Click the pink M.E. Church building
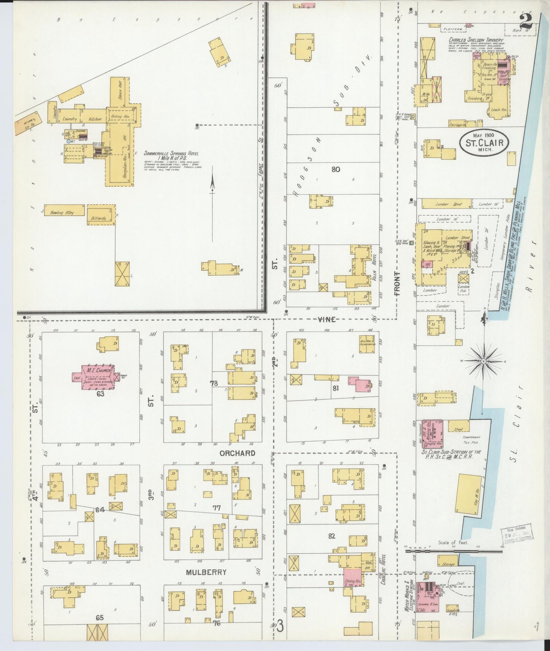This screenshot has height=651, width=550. coord(97,377)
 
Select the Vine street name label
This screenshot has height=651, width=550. coord(327,319)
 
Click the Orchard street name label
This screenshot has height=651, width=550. coord(237,453)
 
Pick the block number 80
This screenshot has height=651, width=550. coord(335,169)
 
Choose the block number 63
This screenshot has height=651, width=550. coord(100,394)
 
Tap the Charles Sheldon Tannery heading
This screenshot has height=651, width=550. coord(475,40)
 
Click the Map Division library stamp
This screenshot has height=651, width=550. coord(517,533)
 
